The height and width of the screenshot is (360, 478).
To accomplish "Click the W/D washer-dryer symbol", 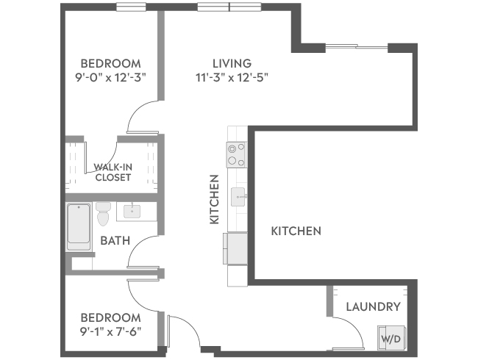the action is [392, 338].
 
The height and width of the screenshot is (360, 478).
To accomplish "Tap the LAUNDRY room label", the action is [373, 306].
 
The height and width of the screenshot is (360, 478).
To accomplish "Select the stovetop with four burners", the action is [237, 154].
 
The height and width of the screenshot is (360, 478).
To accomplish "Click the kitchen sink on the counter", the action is [238, 197].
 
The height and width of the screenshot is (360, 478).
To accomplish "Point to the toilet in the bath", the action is [103, 214].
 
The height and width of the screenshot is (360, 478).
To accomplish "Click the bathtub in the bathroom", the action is [79, 226].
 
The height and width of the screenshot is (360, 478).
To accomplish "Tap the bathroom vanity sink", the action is [132, 211].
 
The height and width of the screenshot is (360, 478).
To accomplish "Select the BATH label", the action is [115, 240].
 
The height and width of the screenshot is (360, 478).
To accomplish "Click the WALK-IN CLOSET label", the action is [113, 172].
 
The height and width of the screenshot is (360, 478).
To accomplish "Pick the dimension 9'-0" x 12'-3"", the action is [110, 78].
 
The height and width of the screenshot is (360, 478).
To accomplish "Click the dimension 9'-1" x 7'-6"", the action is [110, 331].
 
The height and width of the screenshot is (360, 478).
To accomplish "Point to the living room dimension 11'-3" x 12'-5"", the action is [232, 78].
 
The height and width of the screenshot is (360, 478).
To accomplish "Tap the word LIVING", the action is [232, 63].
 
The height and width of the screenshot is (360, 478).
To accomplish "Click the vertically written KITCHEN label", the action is [214, 199].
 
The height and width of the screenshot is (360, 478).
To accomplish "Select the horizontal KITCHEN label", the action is [296, 231].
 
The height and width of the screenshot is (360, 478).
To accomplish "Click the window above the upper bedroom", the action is [131, 7].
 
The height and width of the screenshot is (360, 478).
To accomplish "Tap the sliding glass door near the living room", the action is [357, 46].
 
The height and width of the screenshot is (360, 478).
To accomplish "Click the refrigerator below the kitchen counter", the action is [235, 248].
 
